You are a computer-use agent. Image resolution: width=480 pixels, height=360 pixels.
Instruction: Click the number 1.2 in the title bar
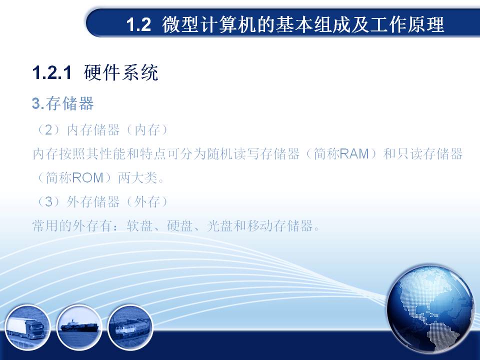pos(138,25)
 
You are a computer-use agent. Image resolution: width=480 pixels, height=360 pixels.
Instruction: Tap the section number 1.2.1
pos(51,72)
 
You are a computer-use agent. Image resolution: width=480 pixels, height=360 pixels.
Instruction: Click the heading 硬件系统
pos(121,72)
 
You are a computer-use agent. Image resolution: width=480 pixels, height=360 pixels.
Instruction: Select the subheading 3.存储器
pos(63,103)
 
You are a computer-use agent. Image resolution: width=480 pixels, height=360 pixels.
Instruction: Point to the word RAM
pos(354,153)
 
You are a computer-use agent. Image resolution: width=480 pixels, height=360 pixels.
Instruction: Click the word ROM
pos(88,177)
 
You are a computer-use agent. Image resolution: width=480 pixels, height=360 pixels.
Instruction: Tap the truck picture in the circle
pos(27,327)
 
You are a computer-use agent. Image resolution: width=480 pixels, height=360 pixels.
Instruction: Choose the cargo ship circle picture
pos(79,327)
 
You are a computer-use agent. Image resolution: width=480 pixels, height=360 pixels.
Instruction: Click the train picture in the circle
pos(130,327)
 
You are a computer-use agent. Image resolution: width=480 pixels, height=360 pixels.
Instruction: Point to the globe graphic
pos(430,309)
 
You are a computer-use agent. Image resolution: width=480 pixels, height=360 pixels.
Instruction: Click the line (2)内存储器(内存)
pos(101,130)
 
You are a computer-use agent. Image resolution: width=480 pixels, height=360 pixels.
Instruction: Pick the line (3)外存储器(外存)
pos(101,201)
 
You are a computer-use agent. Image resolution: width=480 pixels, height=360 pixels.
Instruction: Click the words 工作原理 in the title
pos(406,24)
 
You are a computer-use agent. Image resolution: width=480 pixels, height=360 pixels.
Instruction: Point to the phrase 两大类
pos(138,177)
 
